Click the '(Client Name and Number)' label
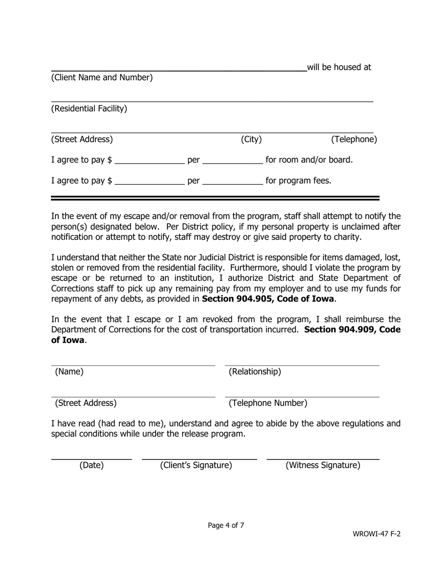click(101, 77)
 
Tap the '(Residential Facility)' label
click(89, 109)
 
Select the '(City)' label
click(251, 139)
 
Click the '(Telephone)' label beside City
click(354, 139)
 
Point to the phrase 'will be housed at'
click(339, 67)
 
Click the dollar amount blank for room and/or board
click(149, 160)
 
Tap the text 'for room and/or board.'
click(309, 160)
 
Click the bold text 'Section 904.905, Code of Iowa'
click(268, 299)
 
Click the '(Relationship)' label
click(255, 372)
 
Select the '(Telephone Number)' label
click(268, 403)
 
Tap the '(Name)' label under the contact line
click(69, 372)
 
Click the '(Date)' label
click(91, 465)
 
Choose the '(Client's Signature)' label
click(196, 465)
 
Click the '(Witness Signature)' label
click(323, 465)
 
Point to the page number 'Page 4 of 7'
click(226, 525)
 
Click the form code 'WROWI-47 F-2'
click(376, 534)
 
